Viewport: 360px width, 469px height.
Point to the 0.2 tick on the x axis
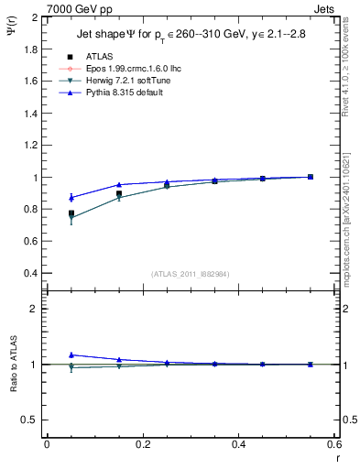pos(143,444)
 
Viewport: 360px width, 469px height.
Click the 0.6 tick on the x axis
pos(333,444)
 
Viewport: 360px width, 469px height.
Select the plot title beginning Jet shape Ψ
pos(190,35)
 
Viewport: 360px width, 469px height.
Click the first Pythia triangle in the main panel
pos(71,197)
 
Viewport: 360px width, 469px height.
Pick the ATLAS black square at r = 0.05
pos(71,213)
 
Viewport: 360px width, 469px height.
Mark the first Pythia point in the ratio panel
pos(71,354)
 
